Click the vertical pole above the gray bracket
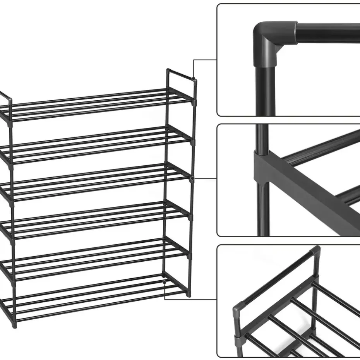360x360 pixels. point(262,137)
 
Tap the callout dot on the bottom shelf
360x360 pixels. point(165,283)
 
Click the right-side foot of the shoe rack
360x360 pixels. point(189,294)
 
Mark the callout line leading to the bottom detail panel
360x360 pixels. point(190,299)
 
